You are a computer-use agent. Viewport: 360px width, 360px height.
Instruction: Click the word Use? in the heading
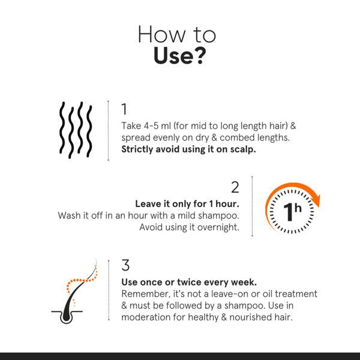click(179, 57)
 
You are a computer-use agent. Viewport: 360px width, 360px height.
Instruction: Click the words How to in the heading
click(179, 34)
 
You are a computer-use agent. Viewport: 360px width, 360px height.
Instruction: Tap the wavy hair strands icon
click(75, 131)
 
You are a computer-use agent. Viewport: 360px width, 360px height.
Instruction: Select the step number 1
click(124, 110)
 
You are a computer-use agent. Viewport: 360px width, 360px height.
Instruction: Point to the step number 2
click(235, 187)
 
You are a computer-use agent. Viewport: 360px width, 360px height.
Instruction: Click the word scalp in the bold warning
click(243, 149)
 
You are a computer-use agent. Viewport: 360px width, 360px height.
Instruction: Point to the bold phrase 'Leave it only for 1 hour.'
click(187, 203)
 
